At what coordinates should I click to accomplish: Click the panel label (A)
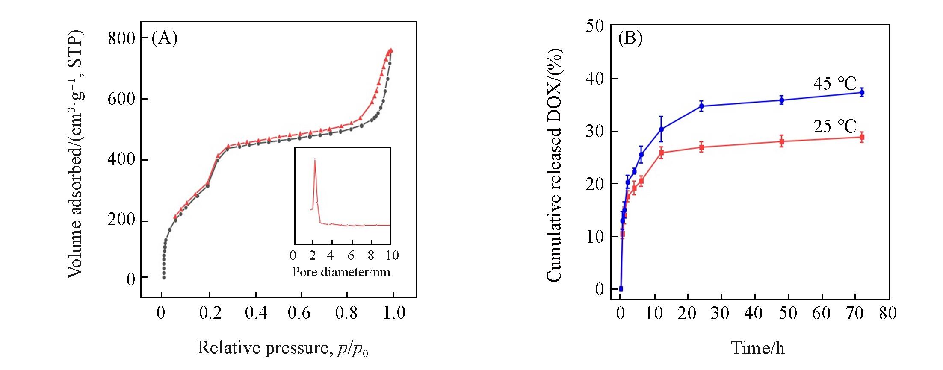point(165,38)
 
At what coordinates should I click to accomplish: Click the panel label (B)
point(630,38)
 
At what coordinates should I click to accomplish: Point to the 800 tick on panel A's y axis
point(121,38)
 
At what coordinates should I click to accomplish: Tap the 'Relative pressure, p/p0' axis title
point(283,348)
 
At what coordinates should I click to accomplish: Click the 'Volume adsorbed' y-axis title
point(76,154)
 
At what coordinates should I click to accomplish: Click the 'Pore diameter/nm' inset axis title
point(341,272)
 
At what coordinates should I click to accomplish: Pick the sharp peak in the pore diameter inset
point(315,160)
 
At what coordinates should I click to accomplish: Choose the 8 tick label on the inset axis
point(371,255)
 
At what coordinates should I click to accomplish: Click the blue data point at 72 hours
point(862,92)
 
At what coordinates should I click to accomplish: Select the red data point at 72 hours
point(862,137)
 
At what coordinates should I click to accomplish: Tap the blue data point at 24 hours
point(701,106)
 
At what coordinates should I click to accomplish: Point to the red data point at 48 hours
point(782,141)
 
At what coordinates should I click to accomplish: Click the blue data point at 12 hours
point(661,129)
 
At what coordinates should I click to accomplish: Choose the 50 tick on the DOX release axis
point(595,27)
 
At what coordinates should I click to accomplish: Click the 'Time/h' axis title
point(758,348)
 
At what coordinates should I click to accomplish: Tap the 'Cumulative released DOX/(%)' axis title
point(554,164)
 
